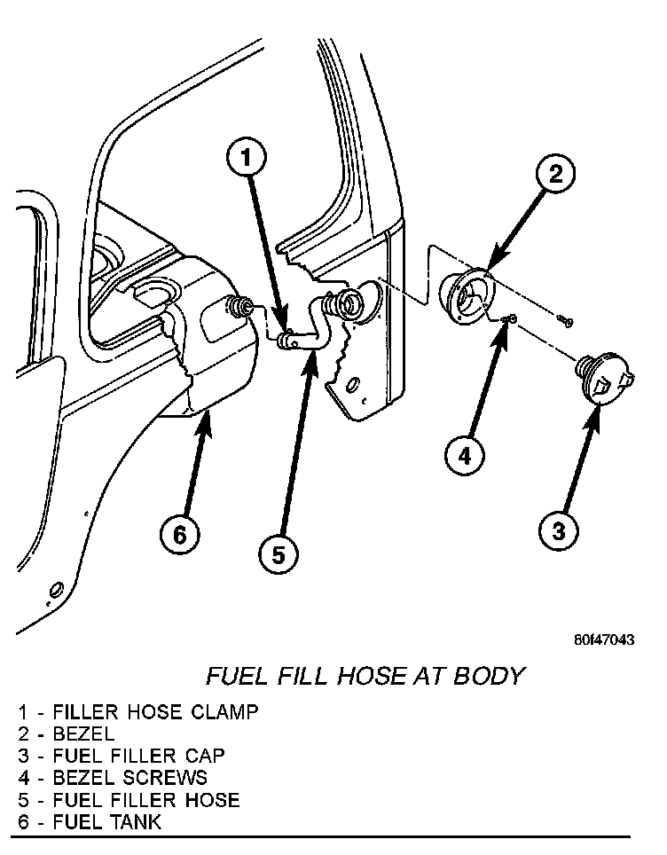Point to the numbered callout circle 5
click(x=279, y=554)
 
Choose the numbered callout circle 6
click(x=179, y=535)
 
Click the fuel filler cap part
click(x=602, y=377)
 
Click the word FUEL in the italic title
click(x=234, y=677)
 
